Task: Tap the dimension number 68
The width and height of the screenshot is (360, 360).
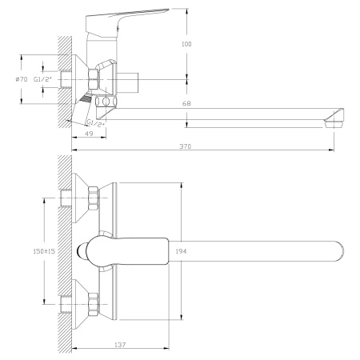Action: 186,103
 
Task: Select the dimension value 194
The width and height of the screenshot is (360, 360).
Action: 182,250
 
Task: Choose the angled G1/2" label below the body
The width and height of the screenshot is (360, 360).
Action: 95,122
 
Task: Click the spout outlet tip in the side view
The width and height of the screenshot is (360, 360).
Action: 335,122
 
